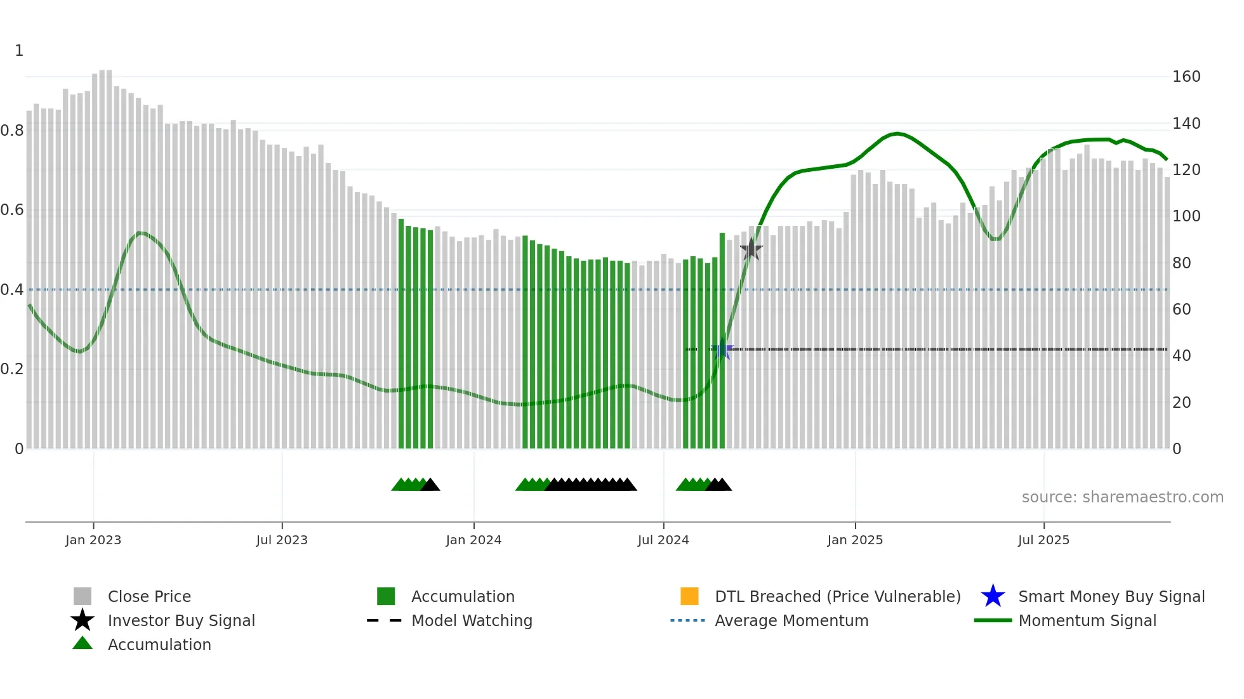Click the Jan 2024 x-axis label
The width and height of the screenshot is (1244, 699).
point(473,540)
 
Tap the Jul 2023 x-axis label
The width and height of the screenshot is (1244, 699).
point(282,540)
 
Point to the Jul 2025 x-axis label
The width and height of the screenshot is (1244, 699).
point(1043,540)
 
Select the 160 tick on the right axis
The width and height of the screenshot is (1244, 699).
point(1186,77)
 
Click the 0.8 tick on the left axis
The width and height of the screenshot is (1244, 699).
point(12,131)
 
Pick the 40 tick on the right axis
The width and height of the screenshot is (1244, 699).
point(1181,356)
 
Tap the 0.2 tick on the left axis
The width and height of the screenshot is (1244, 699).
point(12,369)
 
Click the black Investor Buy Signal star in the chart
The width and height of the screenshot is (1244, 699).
point(751,249)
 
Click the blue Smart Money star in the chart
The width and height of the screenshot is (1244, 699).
point(722,349)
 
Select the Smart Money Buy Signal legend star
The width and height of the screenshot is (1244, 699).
point(993,596)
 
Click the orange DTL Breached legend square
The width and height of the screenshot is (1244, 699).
point(689,596)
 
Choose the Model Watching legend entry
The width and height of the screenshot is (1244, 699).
point(471,620)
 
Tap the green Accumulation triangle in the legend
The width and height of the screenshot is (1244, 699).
point(83,643)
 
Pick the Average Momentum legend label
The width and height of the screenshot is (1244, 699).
point(791,620)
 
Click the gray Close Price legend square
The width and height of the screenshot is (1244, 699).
point(83,596)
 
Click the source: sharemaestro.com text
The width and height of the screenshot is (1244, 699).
point(1122,497)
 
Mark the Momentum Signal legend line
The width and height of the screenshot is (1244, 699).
point(993,620)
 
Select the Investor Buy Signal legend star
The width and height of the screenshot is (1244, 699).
point(83,620)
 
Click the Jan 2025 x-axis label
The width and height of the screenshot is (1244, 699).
point(854,540)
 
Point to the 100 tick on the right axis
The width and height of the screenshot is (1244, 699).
point(1186,216)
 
